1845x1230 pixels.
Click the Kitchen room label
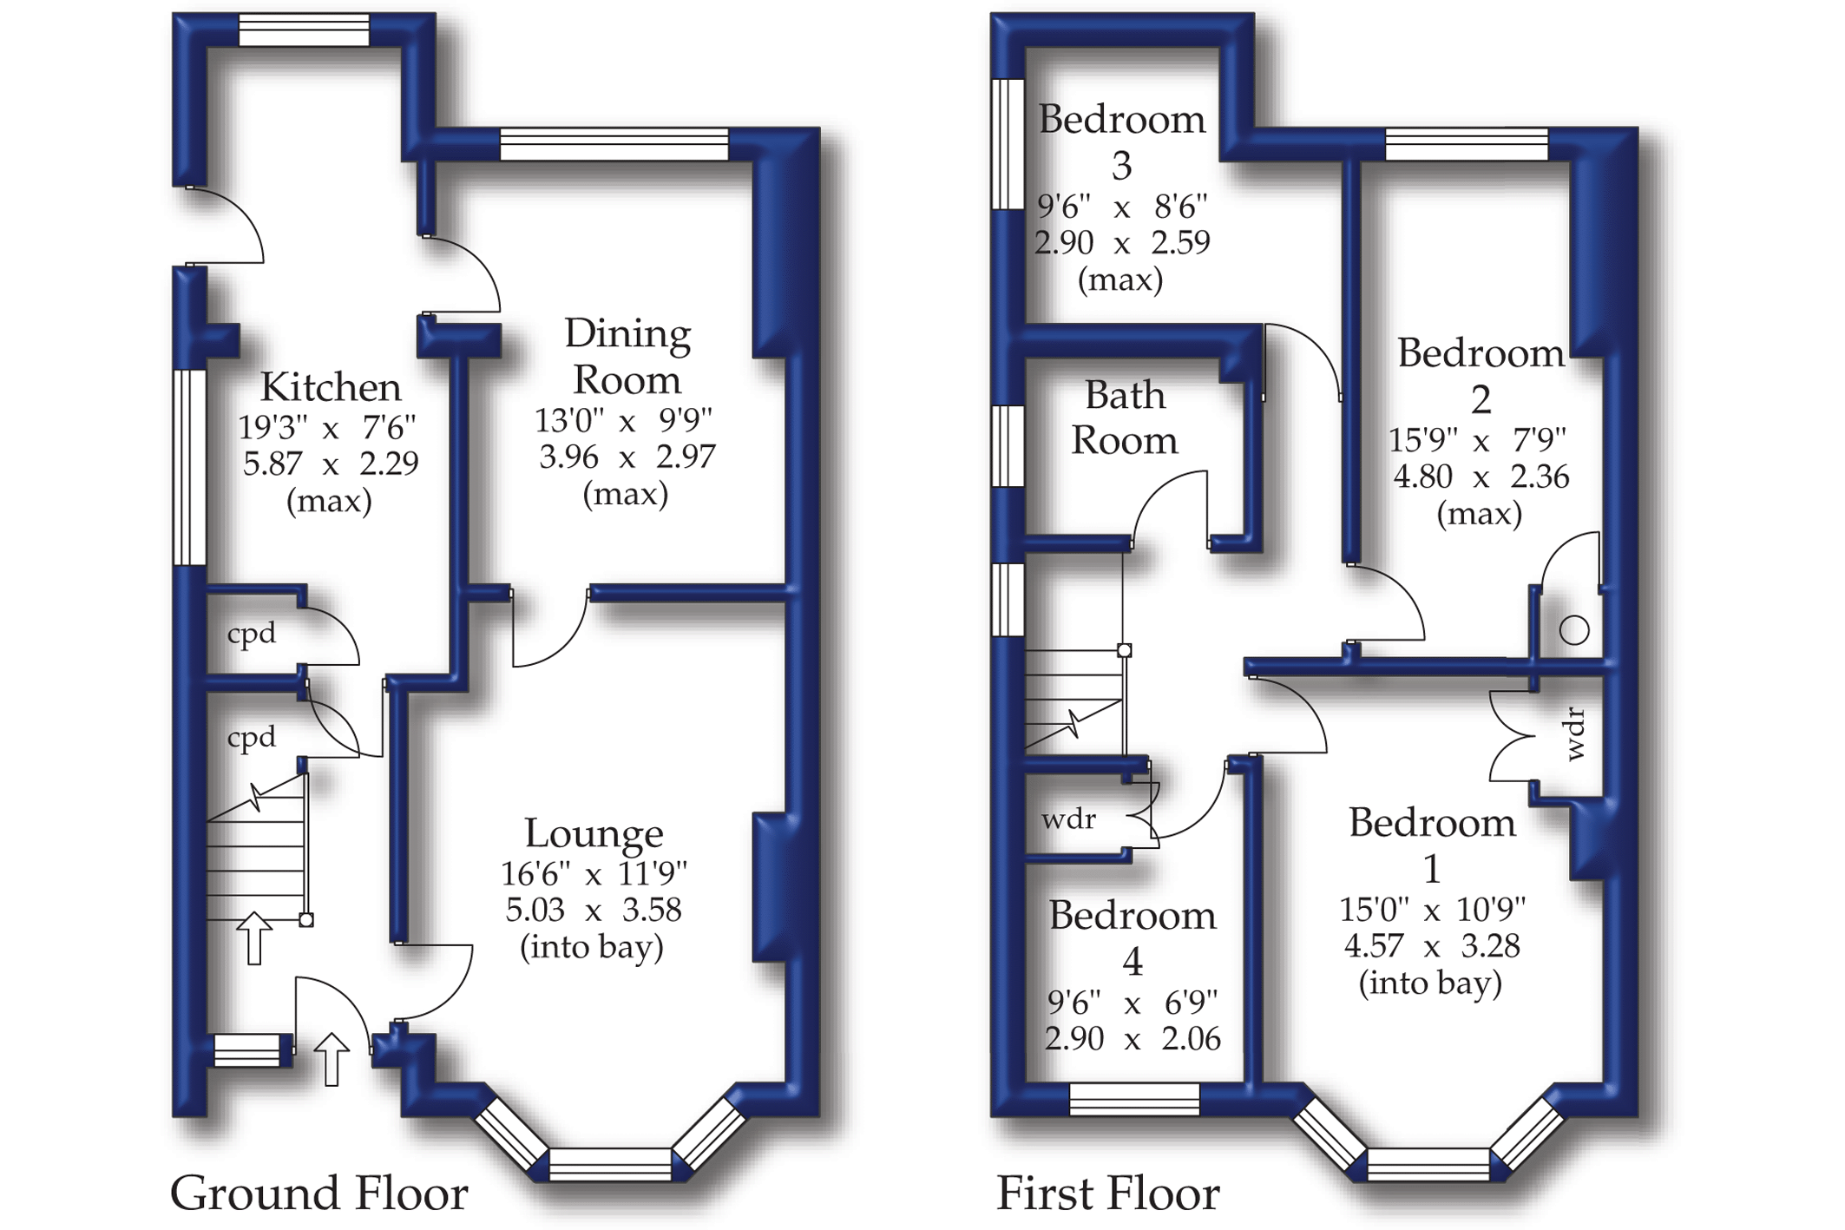[x=331, y=387]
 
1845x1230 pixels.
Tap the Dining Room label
[x=627, y=357]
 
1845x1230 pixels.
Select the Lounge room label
[x=594, y=833]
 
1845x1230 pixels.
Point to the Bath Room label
[x=1125, y=418]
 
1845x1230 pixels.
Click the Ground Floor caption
[x=318, y=1193]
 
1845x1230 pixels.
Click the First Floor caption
[x=1107, y=1193]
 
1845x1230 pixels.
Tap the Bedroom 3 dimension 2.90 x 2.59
[x=1121, y=242]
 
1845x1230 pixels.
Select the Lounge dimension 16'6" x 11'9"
[x=594, y=873]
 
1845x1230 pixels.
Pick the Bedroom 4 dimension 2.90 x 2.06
[x=1133, y=1038]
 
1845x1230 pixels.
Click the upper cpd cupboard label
[x=252, y=634]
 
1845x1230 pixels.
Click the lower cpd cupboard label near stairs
[x=252, y=737]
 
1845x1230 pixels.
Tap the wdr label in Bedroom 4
[x=1068, y=819]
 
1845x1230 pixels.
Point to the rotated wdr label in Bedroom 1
[x=1576, y=734]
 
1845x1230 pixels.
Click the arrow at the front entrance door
[x=331, y=1058]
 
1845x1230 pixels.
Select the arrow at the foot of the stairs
[x=254, y=937]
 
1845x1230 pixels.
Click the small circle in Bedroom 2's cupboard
[x=1574, y=630]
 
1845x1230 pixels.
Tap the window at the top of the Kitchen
[x=304, y=30]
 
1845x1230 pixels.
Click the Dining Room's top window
[x=614, y=144]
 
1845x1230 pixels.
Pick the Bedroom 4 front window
[x=1134, y=1099]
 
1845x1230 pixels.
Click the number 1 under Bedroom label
[x=1432, y=868]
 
